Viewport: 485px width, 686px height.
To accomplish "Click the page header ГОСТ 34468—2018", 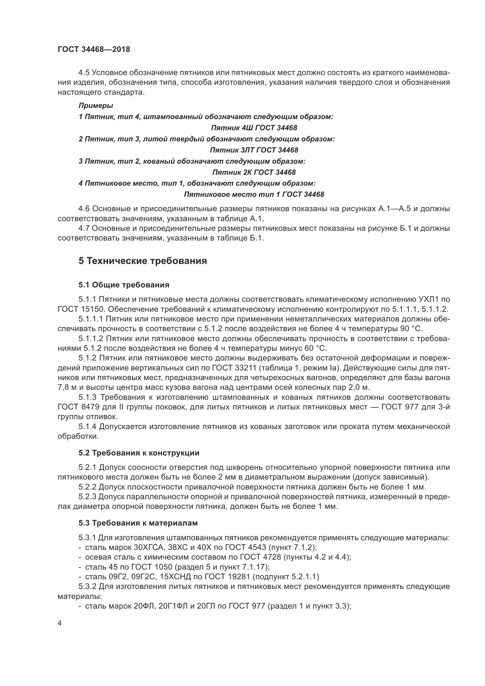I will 94,50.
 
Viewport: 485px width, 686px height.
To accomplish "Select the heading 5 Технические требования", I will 143,261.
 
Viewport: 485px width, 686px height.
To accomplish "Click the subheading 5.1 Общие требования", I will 124,285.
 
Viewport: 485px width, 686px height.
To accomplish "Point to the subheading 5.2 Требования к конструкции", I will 139,453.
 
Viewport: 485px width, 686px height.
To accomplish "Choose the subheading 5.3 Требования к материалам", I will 138,523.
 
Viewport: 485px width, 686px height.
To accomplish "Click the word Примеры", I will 96,106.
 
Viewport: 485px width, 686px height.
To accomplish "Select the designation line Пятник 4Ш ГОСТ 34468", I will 254,128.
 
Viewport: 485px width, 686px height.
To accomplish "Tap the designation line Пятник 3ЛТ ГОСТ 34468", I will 254,150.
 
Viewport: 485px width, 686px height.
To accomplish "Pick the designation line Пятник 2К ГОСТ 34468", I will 254,172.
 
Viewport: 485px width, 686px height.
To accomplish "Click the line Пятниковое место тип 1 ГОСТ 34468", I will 254,194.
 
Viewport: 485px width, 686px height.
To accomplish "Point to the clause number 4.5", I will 84,73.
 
